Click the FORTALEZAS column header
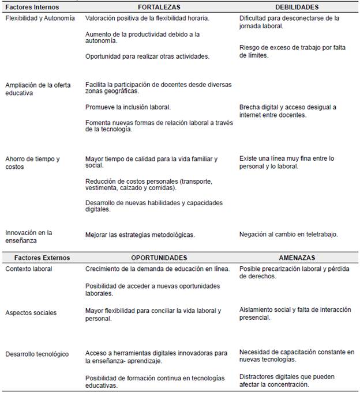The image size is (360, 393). [159, 7]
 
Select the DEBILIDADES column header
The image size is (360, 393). [296, 7]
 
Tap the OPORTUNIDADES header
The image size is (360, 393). [159, 258]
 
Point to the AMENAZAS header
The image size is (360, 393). [297, 258]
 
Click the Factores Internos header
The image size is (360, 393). [34, 7]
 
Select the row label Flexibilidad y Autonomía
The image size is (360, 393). [40, 18]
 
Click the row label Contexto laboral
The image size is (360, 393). [28, 269]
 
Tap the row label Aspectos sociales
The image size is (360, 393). [31, 313]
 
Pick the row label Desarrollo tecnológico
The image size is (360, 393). [37, 354]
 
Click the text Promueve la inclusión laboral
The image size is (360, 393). [128, 107]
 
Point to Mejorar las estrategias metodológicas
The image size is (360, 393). [140, 235]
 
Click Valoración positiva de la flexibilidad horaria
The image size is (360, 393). [147, 18]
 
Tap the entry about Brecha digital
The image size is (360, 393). [287, 111]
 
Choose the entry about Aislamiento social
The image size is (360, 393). [295, 313]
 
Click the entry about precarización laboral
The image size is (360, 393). [294, 272]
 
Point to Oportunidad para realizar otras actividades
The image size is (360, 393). [147, 56]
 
